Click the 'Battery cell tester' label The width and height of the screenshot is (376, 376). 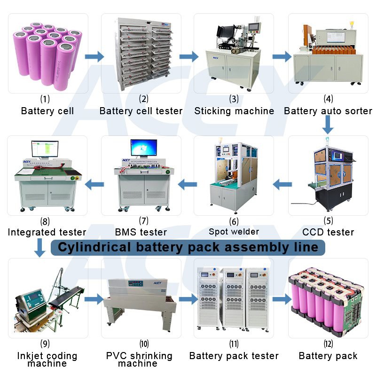[141, 111]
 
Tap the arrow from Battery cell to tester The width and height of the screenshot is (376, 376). [94, 57]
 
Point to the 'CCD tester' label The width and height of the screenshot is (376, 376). [328, 232]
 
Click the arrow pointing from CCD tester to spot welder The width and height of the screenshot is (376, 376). [282, 184]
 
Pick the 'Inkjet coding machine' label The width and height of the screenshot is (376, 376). [47, 359]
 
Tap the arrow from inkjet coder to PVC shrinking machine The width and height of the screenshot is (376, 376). [94, 298]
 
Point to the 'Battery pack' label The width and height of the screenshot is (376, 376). [328, 356]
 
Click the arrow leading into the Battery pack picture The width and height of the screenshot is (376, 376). [281, 298]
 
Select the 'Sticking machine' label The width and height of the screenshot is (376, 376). [234, 111]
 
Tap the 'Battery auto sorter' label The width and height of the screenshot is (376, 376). [328, 111]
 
